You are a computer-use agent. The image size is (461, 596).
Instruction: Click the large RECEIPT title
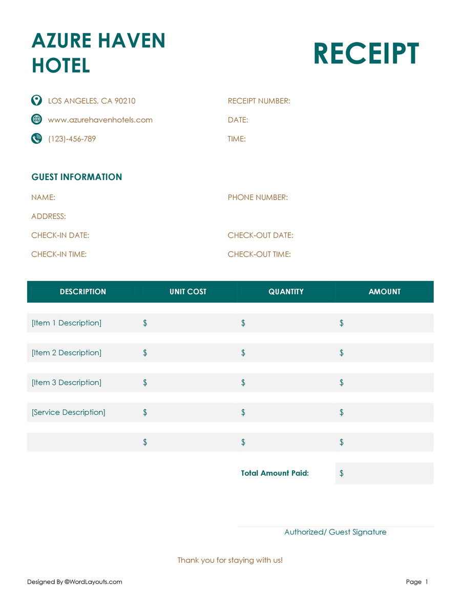click(x=366, y=54)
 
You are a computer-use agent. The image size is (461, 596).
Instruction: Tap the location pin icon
click(x=36, y=100)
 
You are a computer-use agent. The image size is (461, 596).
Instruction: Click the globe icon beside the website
click(x=36, y=119)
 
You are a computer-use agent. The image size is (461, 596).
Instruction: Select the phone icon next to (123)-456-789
click(x=36, y=138)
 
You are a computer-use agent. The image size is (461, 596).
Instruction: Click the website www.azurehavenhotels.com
click(x=100, y=120)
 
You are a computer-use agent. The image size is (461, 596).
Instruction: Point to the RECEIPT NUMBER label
click(x=259, y=101)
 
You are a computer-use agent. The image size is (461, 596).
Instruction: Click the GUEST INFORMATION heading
click(x=77, y=177)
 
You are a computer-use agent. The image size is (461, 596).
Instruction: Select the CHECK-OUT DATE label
click(x=260, y=235)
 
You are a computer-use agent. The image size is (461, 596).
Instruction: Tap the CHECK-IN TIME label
click(x=59, y=254)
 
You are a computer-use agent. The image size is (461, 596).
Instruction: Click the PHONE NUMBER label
click(x=258, y=197)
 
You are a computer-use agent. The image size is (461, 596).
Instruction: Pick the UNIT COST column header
click(x=188, y=292)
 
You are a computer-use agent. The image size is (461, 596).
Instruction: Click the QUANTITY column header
click(x=286, y=292)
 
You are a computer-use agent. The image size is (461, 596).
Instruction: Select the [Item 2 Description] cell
click(x=67, y=352)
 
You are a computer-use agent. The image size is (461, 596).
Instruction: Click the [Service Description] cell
click(x=68, y=412)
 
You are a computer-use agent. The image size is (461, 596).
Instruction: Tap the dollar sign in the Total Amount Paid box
click(x=342, y=473)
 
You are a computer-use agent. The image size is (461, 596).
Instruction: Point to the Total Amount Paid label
click(x=275, y=473)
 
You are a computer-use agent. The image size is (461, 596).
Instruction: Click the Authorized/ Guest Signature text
click(x=336, y=532)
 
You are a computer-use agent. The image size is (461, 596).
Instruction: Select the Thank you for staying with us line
click(x=230, y=560)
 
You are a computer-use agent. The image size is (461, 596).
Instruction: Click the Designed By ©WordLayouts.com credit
click(x=75, y=582)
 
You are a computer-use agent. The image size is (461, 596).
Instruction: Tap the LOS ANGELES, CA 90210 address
click(x=92, y=101)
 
